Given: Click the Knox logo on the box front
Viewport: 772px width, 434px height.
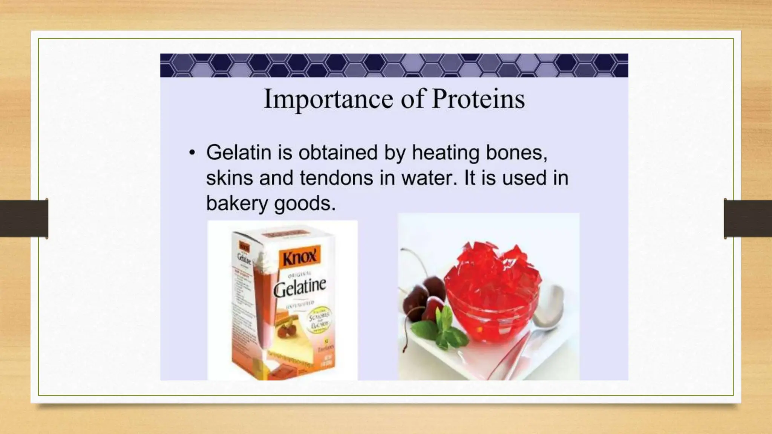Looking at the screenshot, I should (x=299, y=258).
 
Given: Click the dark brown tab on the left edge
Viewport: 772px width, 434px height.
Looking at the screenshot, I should (x=24, y=219).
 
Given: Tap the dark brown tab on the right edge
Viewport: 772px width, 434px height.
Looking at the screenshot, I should (x=748, y=219).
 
